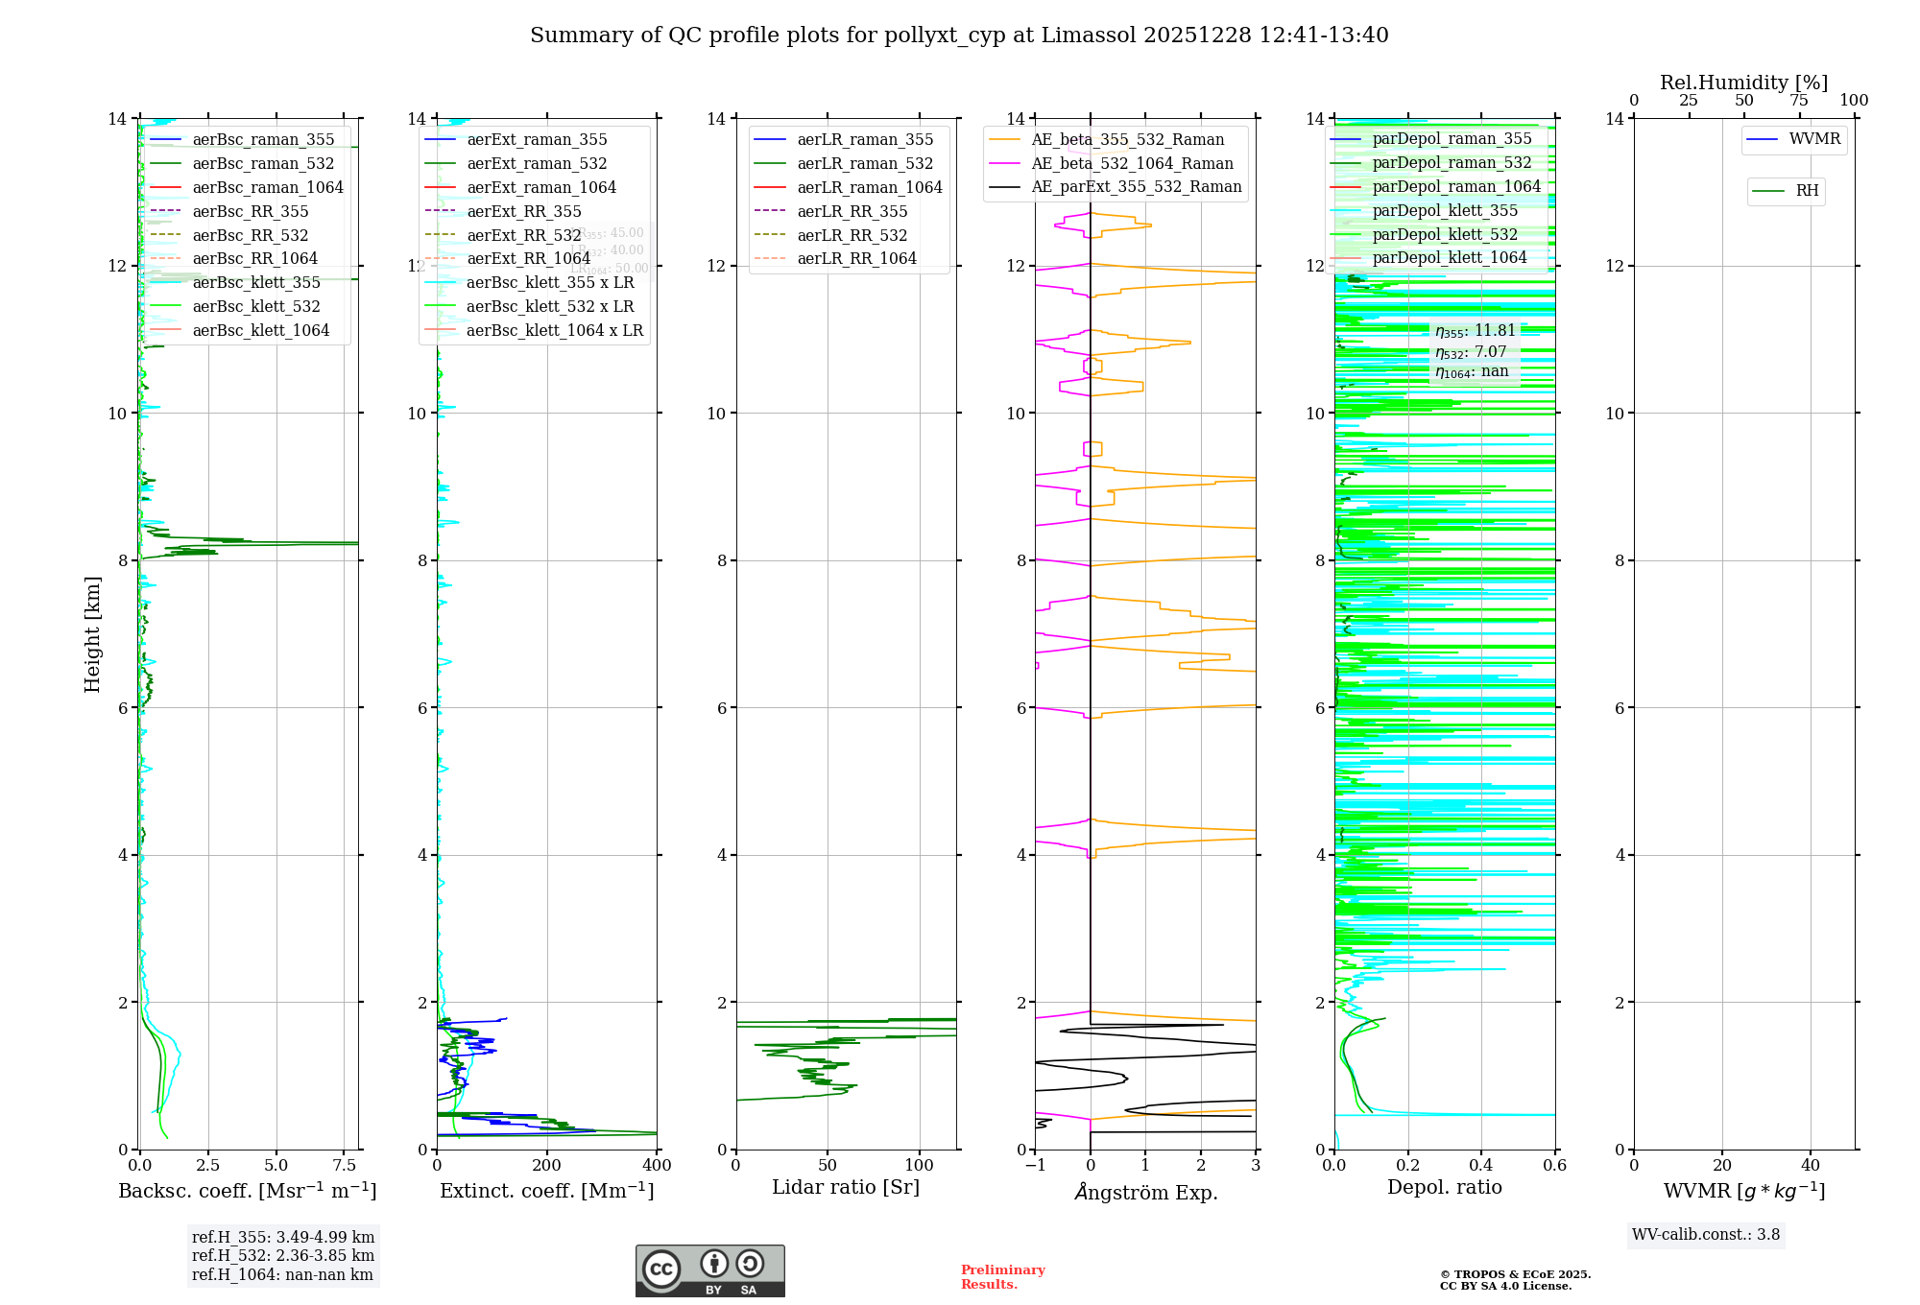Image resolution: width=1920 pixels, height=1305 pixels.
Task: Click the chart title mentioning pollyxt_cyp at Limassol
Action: point(959,36)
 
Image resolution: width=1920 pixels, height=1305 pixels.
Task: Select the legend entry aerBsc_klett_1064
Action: point(260,330)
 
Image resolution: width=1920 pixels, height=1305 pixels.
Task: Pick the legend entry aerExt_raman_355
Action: point(537,140)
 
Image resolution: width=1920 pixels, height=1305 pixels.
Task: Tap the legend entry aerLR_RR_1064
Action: point(856,258)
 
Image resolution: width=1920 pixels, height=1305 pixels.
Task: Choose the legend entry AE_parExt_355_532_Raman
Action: point(1136,187)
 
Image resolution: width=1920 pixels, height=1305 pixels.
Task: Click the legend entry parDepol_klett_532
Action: point(1444,234)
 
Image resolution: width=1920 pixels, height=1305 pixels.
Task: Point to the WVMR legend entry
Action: point(1813,139)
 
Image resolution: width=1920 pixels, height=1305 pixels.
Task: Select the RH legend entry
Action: point(1806,191)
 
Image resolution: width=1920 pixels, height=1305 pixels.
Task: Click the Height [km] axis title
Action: point(92,633)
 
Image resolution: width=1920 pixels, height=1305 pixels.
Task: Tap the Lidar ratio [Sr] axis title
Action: point(845,1187)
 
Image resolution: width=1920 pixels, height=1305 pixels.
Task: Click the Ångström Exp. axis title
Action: point(1145,1192)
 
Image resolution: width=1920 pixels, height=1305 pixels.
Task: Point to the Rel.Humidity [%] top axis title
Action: point(1743,83)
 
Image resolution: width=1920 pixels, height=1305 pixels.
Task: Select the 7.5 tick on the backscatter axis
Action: point(345,1166)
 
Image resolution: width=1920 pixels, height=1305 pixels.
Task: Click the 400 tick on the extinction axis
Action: point(657,1166)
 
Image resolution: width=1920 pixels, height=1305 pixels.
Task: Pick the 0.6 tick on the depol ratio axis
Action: point(1554,1166)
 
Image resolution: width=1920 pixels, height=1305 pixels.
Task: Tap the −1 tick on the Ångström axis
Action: point(1035,1166)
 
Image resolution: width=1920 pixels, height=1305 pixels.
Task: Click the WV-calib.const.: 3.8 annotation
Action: point(1706,1235)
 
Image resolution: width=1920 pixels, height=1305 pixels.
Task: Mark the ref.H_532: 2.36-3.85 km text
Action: point(283,1256)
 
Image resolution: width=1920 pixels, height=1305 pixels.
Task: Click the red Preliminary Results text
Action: point(1002,1277)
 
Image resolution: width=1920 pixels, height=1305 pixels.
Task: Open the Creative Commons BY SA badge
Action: point(709,1271)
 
